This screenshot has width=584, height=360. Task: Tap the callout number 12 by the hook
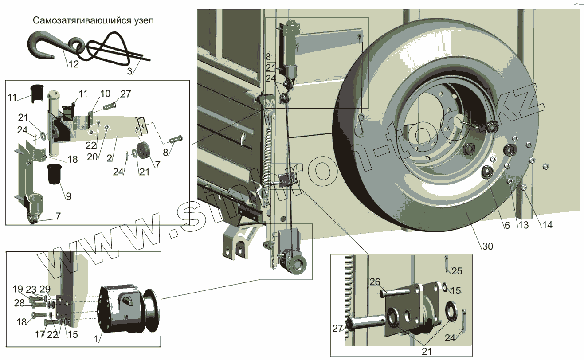click(73, 64)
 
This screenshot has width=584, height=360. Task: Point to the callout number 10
click(105, 94)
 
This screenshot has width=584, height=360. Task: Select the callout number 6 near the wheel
click(507, 225)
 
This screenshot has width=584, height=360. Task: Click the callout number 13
click(523, 225)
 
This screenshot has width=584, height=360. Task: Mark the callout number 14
click(547, 225)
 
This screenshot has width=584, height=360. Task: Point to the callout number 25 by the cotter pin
click(457, 271)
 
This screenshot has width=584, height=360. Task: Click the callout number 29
click(44, 289)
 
